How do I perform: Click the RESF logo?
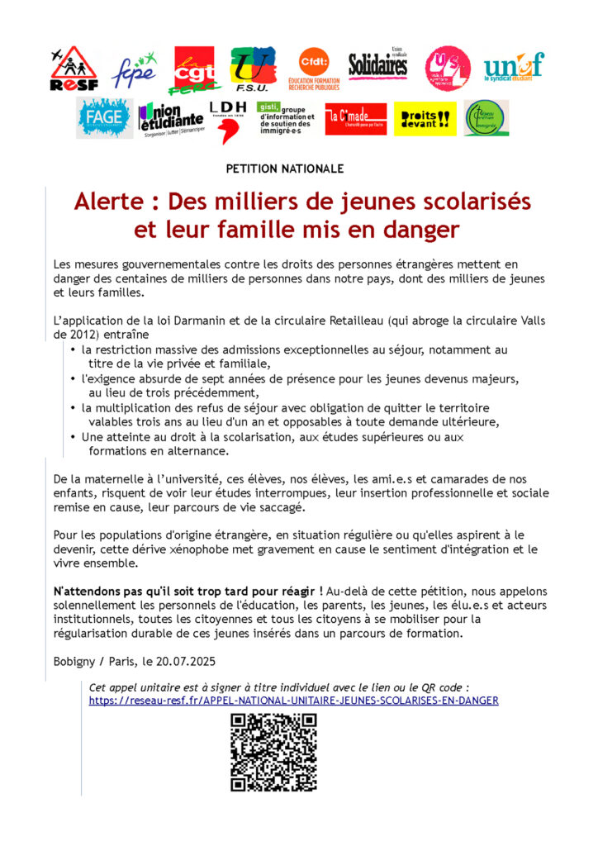(x=74, y=69)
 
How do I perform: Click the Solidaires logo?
(x=377, y=65)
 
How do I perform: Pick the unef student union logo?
(x=514, y=65)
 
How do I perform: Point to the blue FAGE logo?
(x=104, y=118)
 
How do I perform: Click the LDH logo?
(x=227, y=118)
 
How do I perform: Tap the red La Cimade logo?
(x=355, y=119)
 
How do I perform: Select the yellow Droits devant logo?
(x=425, y=119)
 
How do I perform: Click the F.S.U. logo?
(x=252, y=69)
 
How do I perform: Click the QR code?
(x=273, y=753)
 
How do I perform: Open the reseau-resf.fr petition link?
(x=293, y=701)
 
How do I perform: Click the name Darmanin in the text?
(x=189, y=322)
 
